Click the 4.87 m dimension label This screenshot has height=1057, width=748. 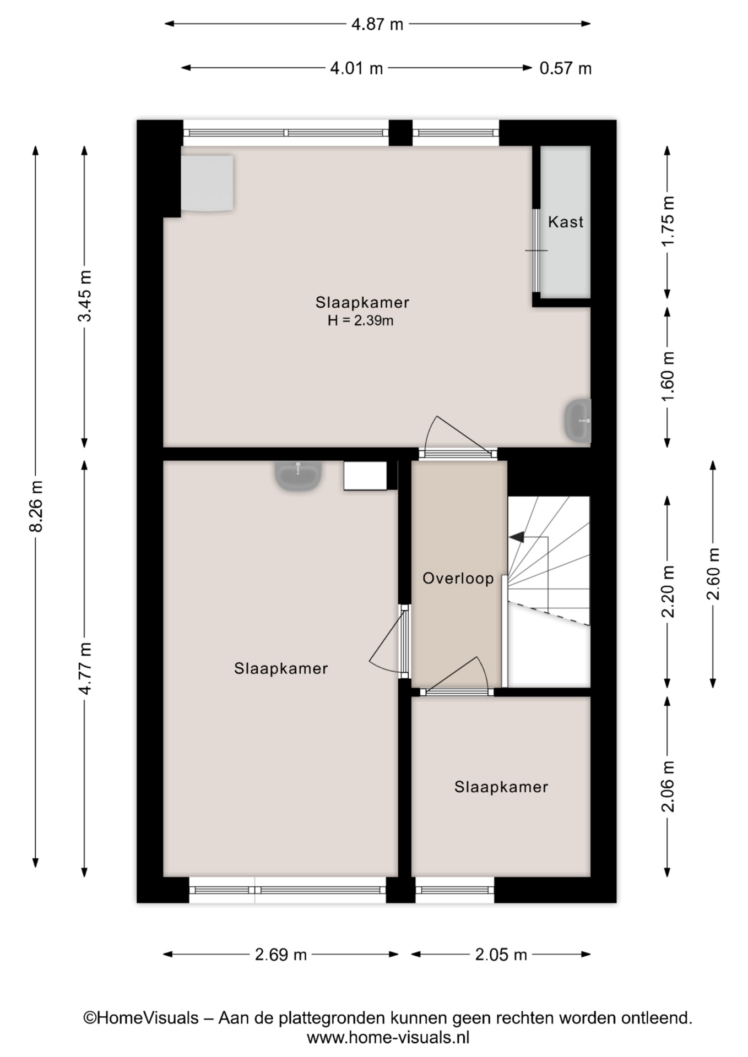click(x=377, y=24)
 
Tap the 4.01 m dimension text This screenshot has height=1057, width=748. click(x=356, y=68)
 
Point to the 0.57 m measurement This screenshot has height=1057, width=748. click(x=565, y=68)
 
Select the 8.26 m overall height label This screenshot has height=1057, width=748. click(x=36, y=506)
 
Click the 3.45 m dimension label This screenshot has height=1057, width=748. click(x=85, y=296)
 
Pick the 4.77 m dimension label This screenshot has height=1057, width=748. click(x=85, y=668)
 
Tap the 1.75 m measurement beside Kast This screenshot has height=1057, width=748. click(x=668, y=221)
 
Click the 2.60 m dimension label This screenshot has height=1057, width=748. click(x=713, y=574)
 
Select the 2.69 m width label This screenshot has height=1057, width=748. click(x=280, y=954)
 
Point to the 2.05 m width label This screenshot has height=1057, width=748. click(x=501, y=954)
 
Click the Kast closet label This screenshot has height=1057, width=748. click(x=566, y=222)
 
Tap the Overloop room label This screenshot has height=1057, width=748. click(x=458, y=578)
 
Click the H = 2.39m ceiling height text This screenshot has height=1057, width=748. click(x=360, y=320)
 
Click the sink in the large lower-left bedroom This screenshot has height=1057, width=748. click(x=298, y=476)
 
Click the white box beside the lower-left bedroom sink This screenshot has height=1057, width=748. click(x=366, y=476)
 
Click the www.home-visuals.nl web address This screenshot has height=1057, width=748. click(x=388, y=1038)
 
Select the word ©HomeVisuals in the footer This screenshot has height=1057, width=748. click(x=140, y=1018)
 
